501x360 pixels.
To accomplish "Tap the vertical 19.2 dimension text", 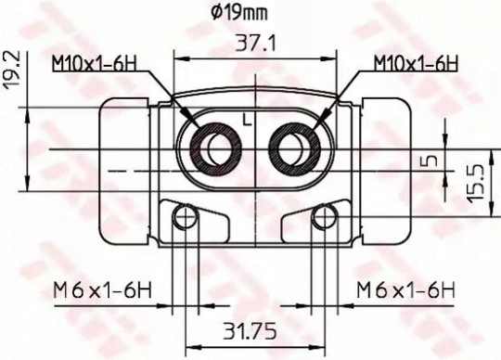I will coord(12,70).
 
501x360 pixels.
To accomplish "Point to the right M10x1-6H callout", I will coord(417,63).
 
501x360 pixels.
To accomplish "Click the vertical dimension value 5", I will coord(429,161).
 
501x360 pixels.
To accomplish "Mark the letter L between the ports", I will coord(246,118).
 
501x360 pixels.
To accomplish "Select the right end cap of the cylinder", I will coord(385,172).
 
